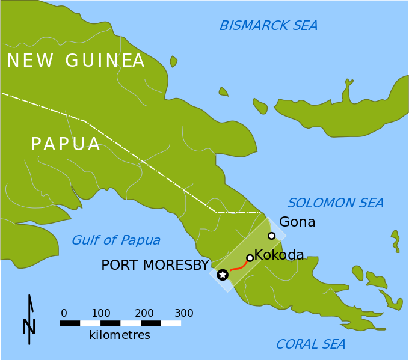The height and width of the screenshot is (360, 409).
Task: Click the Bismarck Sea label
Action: [268, 25]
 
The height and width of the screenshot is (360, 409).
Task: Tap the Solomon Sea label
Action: [336, 203]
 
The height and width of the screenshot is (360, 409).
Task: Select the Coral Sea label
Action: [310, 344]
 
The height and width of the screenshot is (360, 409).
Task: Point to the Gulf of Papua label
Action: [116, 240]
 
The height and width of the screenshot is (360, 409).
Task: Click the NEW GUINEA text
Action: [76, 61]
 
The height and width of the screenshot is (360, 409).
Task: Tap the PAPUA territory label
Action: [66, 144]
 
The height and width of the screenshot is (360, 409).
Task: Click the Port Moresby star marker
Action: [223, 275]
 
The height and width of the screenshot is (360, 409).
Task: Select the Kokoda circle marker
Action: [250, 258]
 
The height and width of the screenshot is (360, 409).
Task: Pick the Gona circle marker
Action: [272, 236]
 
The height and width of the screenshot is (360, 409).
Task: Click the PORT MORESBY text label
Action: [155, 265]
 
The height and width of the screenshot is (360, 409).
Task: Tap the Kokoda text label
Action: [279, 255]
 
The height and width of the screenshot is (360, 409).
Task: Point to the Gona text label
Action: [297, 222]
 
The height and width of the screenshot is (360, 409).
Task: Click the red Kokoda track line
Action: [239, 267]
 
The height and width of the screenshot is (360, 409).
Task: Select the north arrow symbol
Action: [29, 320]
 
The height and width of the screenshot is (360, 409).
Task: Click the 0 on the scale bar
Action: [64, 313]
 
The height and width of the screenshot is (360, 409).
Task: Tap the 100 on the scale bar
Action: [101, 313]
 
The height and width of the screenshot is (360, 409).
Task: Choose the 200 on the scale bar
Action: [144, 313]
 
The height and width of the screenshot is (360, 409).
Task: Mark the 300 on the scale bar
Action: [184, 313]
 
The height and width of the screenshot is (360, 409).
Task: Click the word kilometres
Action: [120, 335]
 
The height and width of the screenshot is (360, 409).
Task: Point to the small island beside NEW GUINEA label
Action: [173, 61]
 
